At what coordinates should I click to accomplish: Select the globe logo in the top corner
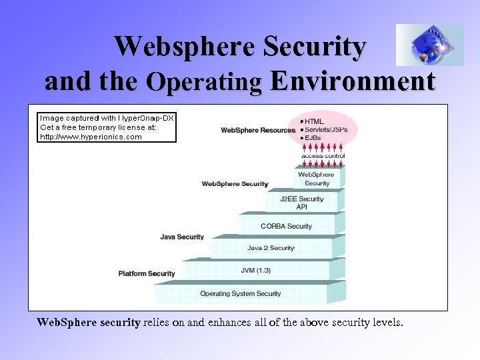[429, 45]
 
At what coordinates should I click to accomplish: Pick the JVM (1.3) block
[255, 270]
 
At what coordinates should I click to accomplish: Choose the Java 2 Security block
[271, 247]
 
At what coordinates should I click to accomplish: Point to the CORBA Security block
[286, 226]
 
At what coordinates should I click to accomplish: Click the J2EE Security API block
[301, 202]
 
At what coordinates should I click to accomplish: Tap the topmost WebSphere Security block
[317, 179]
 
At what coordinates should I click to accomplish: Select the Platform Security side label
[147, 273]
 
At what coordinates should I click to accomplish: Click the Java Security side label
[182, 237]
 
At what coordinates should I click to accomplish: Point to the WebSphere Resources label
[258, 130]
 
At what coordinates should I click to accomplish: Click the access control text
[323, 156]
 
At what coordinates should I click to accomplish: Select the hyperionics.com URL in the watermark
[91, 137]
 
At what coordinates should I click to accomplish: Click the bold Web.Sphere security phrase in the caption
[89, 323]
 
